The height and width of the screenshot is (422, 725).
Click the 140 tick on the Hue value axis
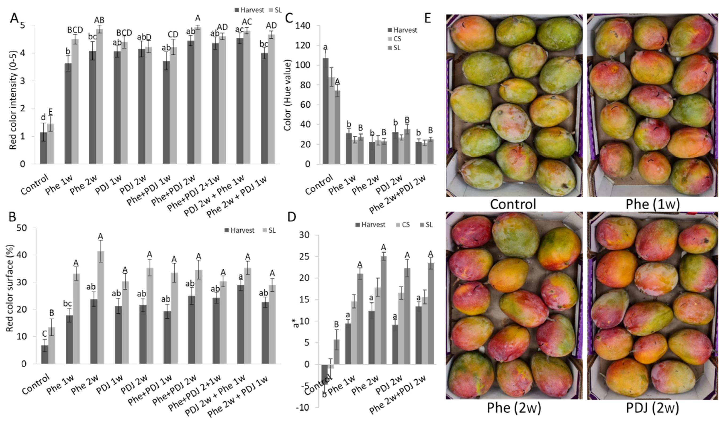[x=302, y=26]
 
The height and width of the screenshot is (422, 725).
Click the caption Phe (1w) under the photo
[x=653, y=204]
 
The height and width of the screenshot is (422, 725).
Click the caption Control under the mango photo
[x=513, y=204]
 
